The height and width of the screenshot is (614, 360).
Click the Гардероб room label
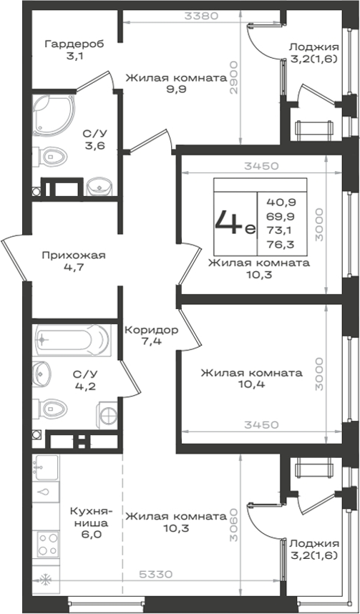click(x=74, y=44)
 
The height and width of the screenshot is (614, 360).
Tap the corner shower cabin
click(x=53, y=114)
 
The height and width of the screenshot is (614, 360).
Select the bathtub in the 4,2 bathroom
click(x=72, y=339)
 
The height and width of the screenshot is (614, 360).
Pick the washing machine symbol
click(x=107, y=413)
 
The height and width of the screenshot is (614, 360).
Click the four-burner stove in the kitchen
click(x=48, y=545)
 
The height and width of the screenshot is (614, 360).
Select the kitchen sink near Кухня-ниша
click(x=46, y=467)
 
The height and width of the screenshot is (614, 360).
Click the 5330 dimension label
click(x=156, y=575)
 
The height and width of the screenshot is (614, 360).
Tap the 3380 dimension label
click(x=201, y=16)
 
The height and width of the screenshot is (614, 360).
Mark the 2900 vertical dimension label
click(x=234, y=77)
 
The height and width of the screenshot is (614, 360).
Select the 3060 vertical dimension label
click(x=234, y=525)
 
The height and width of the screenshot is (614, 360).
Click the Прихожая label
click(x=74, y=255)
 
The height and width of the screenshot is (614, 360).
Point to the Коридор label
click(x=151, y=330)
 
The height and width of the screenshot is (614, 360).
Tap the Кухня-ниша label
click(x=92, y=517)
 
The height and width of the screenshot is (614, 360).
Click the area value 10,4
click(x=251, y=384)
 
